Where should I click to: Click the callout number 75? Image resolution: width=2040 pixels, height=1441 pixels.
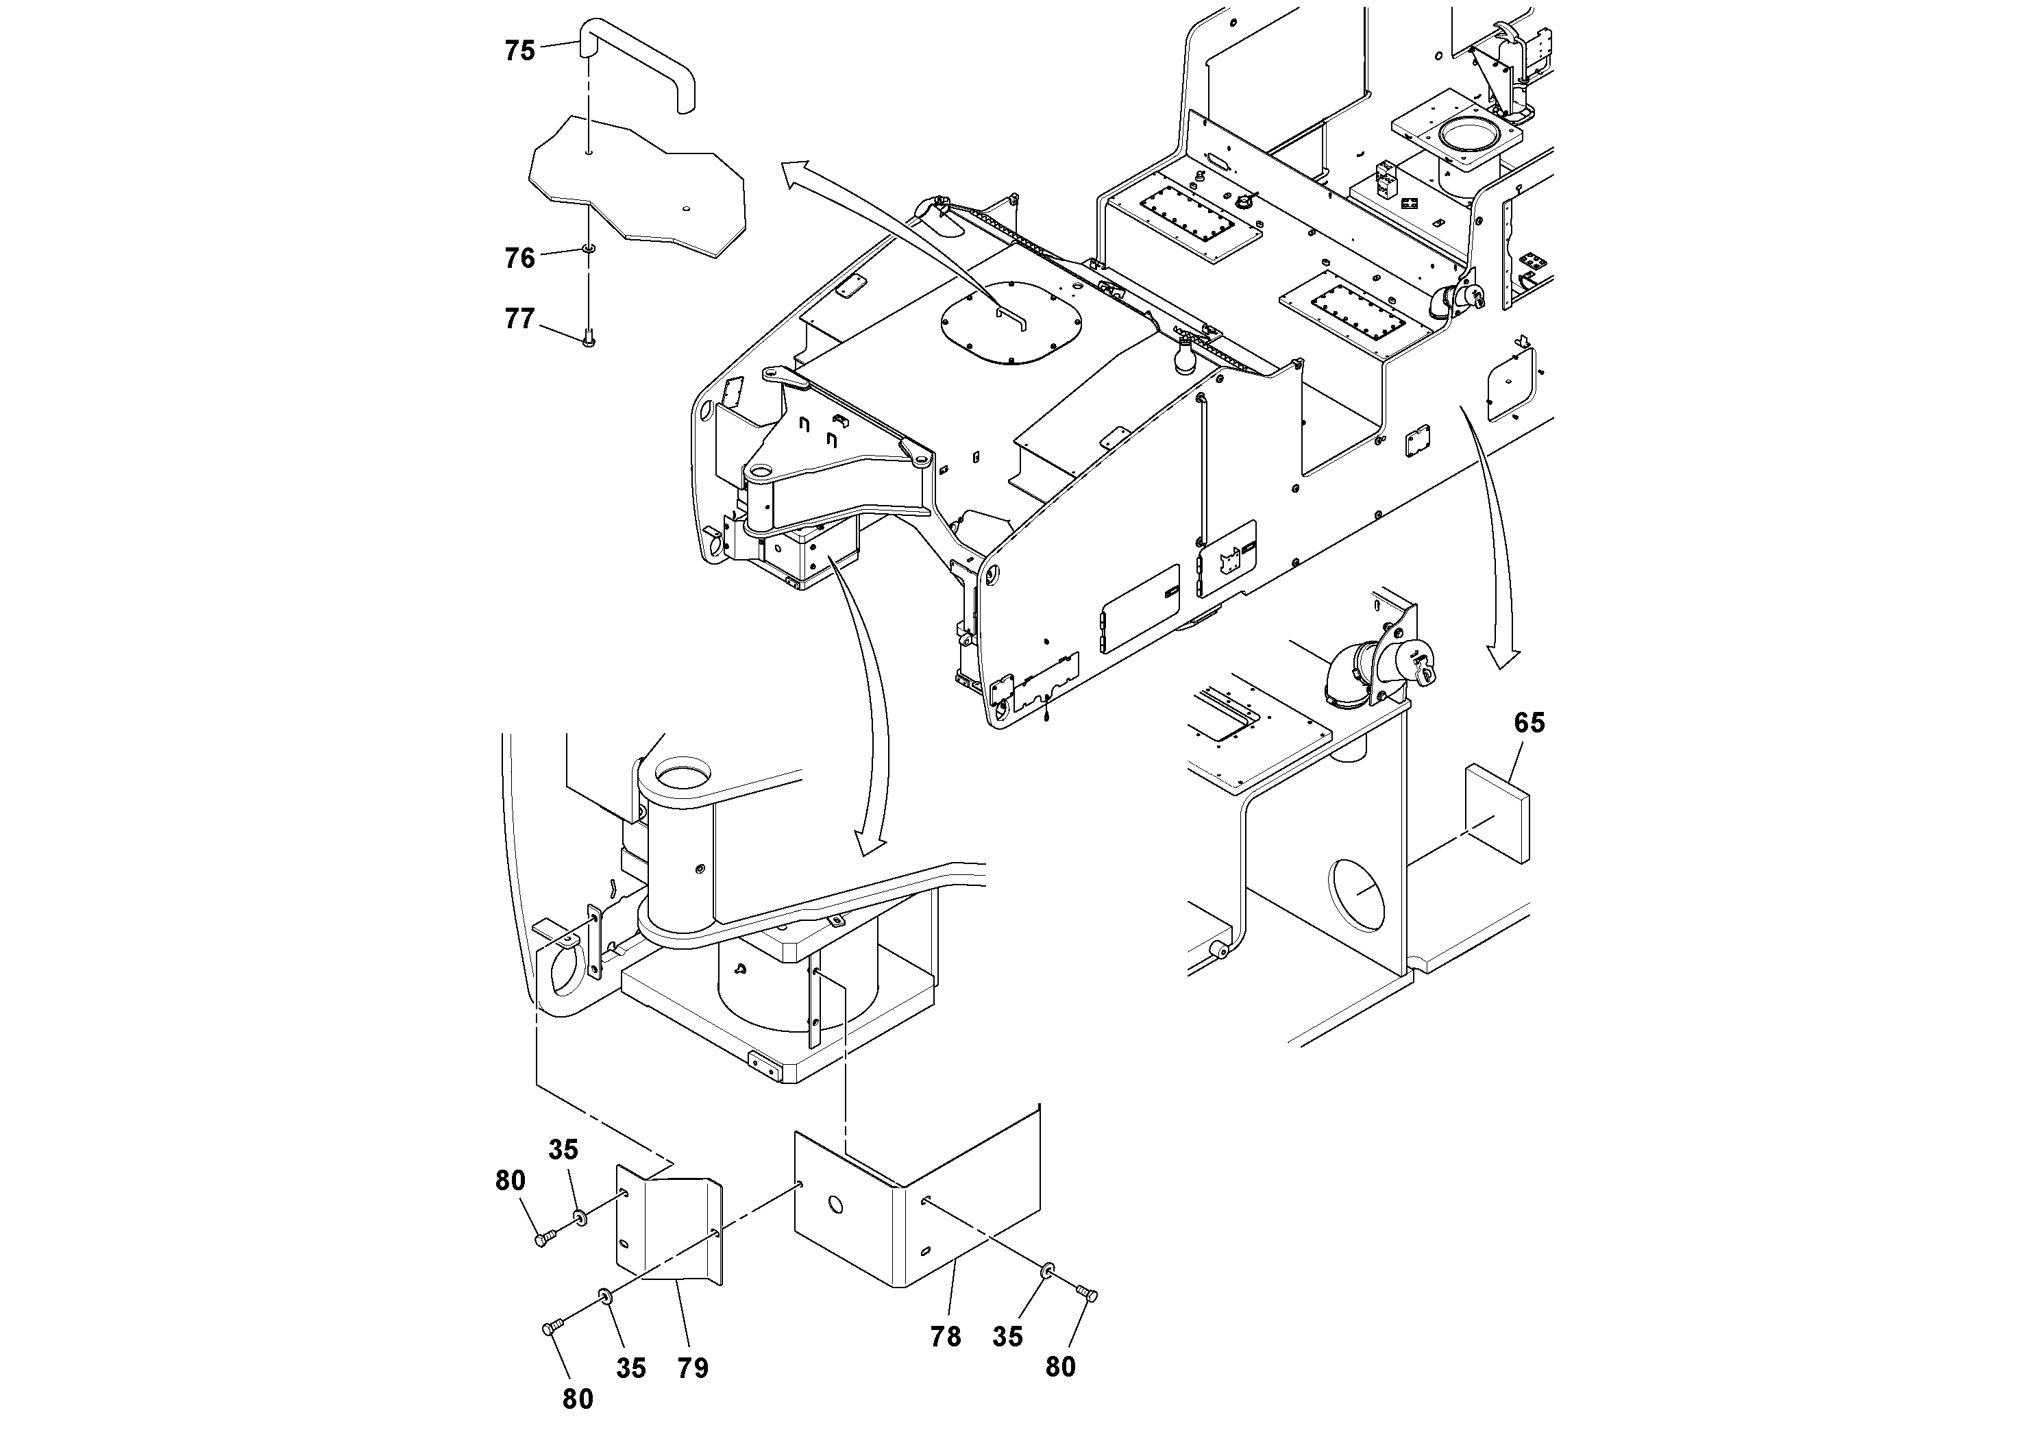(520, 51)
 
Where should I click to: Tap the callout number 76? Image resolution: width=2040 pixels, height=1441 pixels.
(520, 258)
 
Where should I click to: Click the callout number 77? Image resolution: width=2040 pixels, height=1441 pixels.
(520, 318)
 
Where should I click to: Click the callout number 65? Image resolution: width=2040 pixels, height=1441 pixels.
(1529, 723)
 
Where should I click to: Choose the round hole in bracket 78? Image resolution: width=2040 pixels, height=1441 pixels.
(835, 1205)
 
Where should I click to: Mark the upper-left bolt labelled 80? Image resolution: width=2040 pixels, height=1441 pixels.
(544, 1237)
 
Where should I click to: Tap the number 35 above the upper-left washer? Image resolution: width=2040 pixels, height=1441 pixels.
(563, 1150)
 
